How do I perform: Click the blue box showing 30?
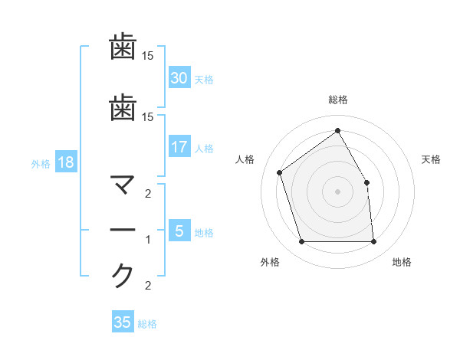[179, 78]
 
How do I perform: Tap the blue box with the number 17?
[179, 147]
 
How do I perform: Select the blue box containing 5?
[179, 231]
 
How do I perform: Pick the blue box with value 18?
[65, 162]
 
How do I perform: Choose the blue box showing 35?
[123, 322]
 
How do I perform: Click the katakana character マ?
[123, 185]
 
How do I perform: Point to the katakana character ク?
[123, 275]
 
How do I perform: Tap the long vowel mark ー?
[123, 231]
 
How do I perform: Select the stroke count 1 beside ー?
[149, 240]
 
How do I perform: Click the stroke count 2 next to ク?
[149, 286]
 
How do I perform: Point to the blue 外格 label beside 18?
[41, 163]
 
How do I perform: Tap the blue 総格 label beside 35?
[147, 324]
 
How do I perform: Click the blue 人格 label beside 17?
[204, 149]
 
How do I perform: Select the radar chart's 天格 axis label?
[432, 159]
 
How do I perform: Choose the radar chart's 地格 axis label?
[402, 262]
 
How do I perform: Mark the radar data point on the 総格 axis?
[337, 130]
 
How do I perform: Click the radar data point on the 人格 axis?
[280, 172]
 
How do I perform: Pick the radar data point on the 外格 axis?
[301, 242]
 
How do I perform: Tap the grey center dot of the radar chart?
[337, 191]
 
